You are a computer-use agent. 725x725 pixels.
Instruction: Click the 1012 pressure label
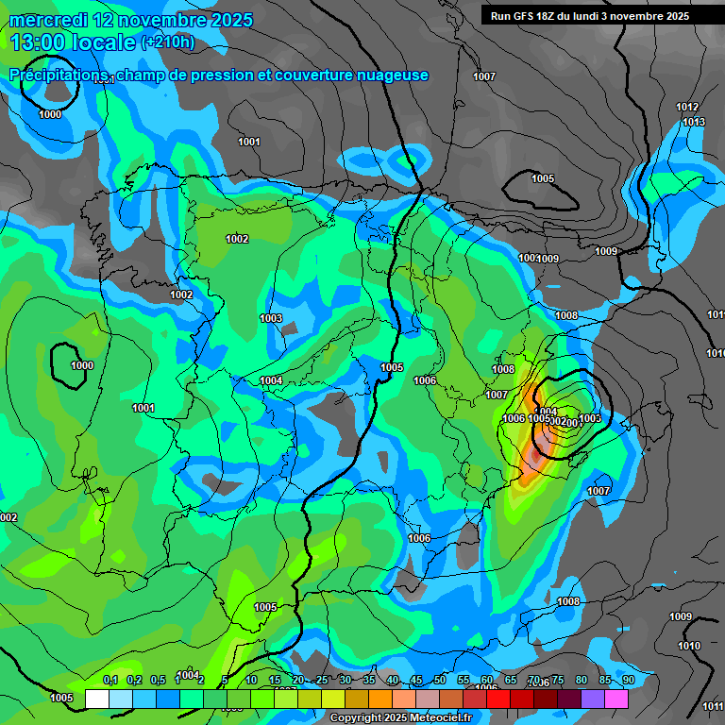[687, 108]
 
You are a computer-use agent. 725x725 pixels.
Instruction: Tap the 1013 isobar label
[694, 122]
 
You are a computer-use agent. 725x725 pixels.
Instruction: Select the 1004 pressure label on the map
[271, 380]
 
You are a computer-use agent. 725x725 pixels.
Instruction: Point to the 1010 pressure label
[689, 647]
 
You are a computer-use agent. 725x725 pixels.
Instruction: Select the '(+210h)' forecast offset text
[168, 42]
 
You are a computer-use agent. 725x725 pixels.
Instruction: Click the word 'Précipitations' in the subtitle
[59, 76]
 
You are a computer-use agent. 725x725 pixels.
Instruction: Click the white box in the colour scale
[96, 699]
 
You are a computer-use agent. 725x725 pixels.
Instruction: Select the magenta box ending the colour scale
[616, 699]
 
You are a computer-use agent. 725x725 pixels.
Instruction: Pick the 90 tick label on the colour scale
[628, 681]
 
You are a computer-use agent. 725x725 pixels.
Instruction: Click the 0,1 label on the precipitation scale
[110, 681]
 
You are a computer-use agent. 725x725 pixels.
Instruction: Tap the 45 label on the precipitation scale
[415, 681]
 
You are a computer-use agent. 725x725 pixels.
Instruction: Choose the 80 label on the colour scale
[581, 681]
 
